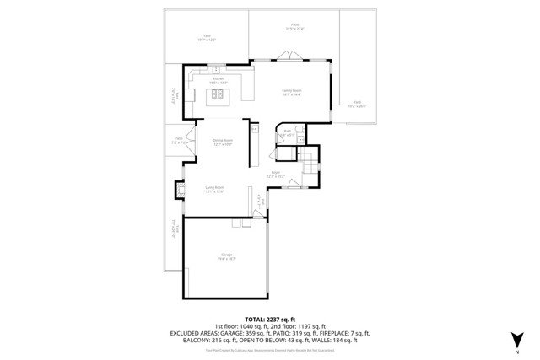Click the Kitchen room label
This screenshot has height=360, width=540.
click(x=219, y=80)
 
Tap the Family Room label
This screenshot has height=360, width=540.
click(x=291, y=92)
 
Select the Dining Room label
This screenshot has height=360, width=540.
click(x=223, y=142)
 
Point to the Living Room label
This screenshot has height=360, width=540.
click(x=214, y=189)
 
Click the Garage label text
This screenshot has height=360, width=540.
click(x=226, y=255)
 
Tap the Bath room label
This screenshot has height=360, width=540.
click(x=287, y=132)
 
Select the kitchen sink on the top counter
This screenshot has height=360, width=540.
click(x=216, y=69)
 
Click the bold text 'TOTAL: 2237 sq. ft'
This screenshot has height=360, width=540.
click(x=269, y=318)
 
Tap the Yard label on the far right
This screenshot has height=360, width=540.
click(x=357, y=104)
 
